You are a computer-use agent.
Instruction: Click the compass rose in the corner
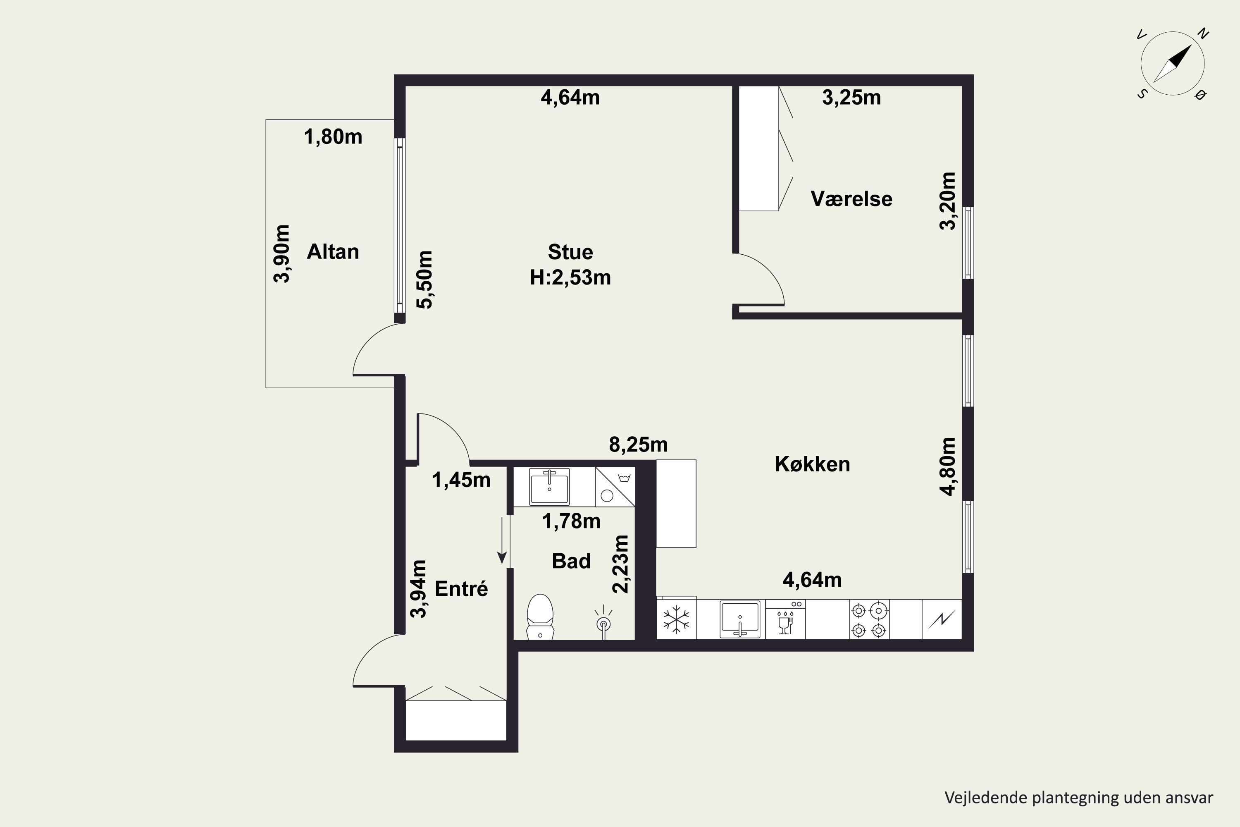pyautogui.click(x=1173, y=63)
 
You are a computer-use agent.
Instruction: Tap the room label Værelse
pyautogui.click(x=851, y=199)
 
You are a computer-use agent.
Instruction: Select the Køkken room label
pyautogui.click(x=813, y=464)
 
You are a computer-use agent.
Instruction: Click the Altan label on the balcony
pyautogui.click(x=333, y=251)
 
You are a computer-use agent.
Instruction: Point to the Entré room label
pyautogui.click(x=461, y=588)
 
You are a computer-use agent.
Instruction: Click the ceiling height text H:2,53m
pyautogui.click(x=570, y=277)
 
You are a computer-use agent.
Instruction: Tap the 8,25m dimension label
pyautogui.click(x=639, y=445)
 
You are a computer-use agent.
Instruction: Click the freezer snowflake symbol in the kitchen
pyautogui.click(x=676, y=619)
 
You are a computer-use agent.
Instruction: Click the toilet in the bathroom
pyautogui.click(x=540, y=617)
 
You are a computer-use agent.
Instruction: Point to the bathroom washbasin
pyautogui.click(x=549, y=487)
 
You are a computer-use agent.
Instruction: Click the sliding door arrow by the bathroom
pyautogui.click(x=502, y=540)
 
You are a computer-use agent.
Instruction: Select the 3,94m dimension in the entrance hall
pyautogui.click(x=418, y=588)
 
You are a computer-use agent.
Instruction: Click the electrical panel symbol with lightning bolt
pyautogui.click(x=942, y=619)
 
